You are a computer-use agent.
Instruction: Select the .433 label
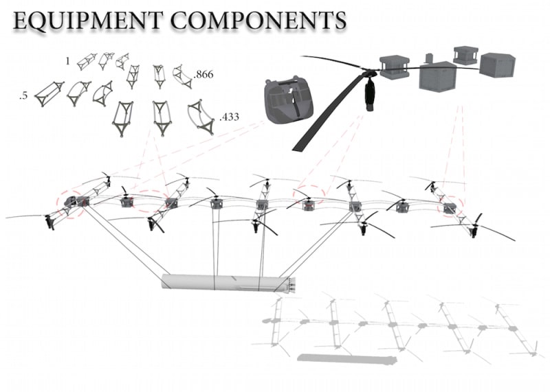pos(229,118)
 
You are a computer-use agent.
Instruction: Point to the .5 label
pos(24,96)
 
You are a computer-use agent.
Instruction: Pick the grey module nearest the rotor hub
pos(395,66)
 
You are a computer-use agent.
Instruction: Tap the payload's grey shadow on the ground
pos(346,358)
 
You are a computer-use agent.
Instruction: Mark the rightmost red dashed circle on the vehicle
pos(452,207)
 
